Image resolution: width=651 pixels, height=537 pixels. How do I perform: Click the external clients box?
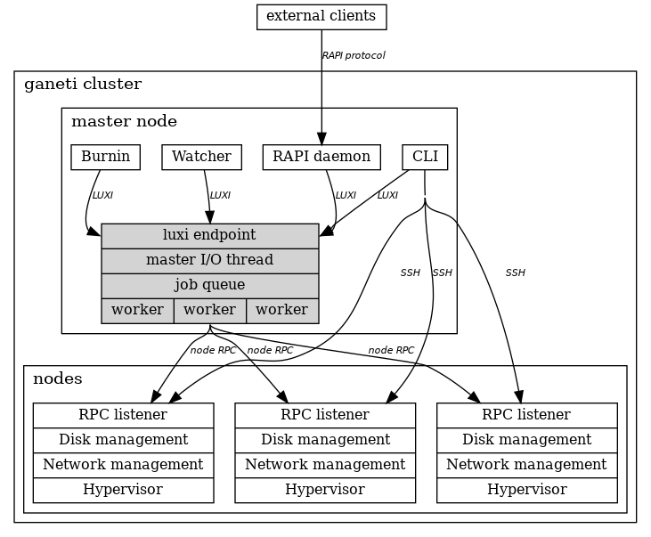pyautogui.click(x=321, y=17)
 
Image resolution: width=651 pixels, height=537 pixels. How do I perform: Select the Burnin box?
pyautogui.click(x=105, y=157)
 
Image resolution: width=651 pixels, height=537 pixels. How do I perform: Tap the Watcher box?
pyautogui.click(x=202, y=157)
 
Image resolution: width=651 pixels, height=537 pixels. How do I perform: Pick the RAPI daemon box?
pyautogui.click(x=321, y=157)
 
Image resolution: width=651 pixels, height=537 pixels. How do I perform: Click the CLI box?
pyautogui.click(x=425, y=157)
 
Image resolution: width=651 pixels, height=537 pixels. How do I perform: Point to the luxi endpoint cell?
pyautogui.click(x=210, y=236)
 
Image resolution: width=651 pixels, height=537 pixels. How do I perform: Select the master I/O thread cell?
pyautogui.click(x=210, y=261)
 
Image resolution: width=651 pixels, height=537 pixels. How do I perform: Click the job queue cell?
pyautogui.click(x=210, y=286)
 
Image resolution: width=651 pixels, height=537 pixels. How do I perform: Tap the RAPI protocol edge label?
pyautogui.click(x=354, y=55)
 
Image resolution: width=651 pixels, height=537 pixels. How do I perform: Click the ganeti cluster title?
pyautogui.click(x=83, y=84)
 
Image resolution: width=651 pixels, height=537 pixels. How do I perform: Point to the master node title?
pyautogui.click(x=124, y=121)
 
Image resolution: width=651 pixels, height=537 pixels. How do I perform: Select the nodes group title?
pyautogui.click(x=58, y=378)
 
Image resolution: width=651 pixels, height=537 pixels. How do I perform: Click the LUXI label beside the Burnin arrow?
pyautogui.click(x=102, y=195)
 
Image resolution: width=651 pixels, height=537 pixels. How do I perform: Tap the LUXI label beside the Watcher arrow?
pyautogui.click(x=220, y=195)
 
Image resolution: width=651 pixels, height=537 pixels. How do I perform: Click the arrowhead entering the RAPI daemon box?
pyautogui.click(x=321, y=138)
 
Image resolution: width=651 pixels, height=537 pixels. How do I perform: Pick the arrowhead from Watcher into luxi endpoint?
pyautogui.click(x=209, y=217)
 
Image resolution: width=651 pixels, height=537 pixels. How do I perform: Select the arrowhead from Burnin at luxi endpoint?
pyautogui.click(x=94, y=232)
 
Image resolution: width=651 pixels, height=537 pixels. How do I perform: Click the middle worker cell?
pyautogui.click(x=210, y=311)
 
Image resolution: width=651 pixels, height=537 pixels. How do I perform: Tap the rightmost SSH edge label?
pyautogui.click(x=516, y=273)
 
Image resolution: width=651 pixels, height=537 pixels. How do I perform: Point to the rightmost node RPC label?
pyautogui.click(x=391, y=350)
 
